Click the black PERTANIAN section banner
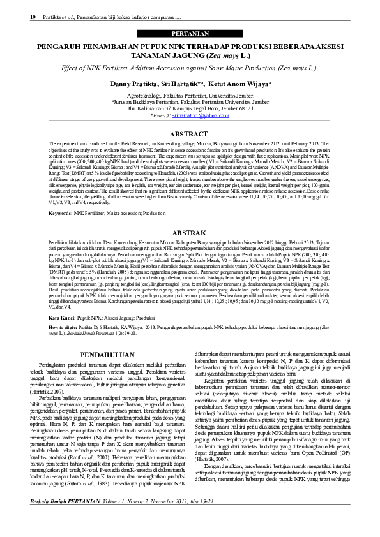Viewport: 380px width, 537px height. tap(190, 33)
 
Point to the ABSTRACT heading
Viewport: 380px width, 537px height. tap(190, 135)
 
